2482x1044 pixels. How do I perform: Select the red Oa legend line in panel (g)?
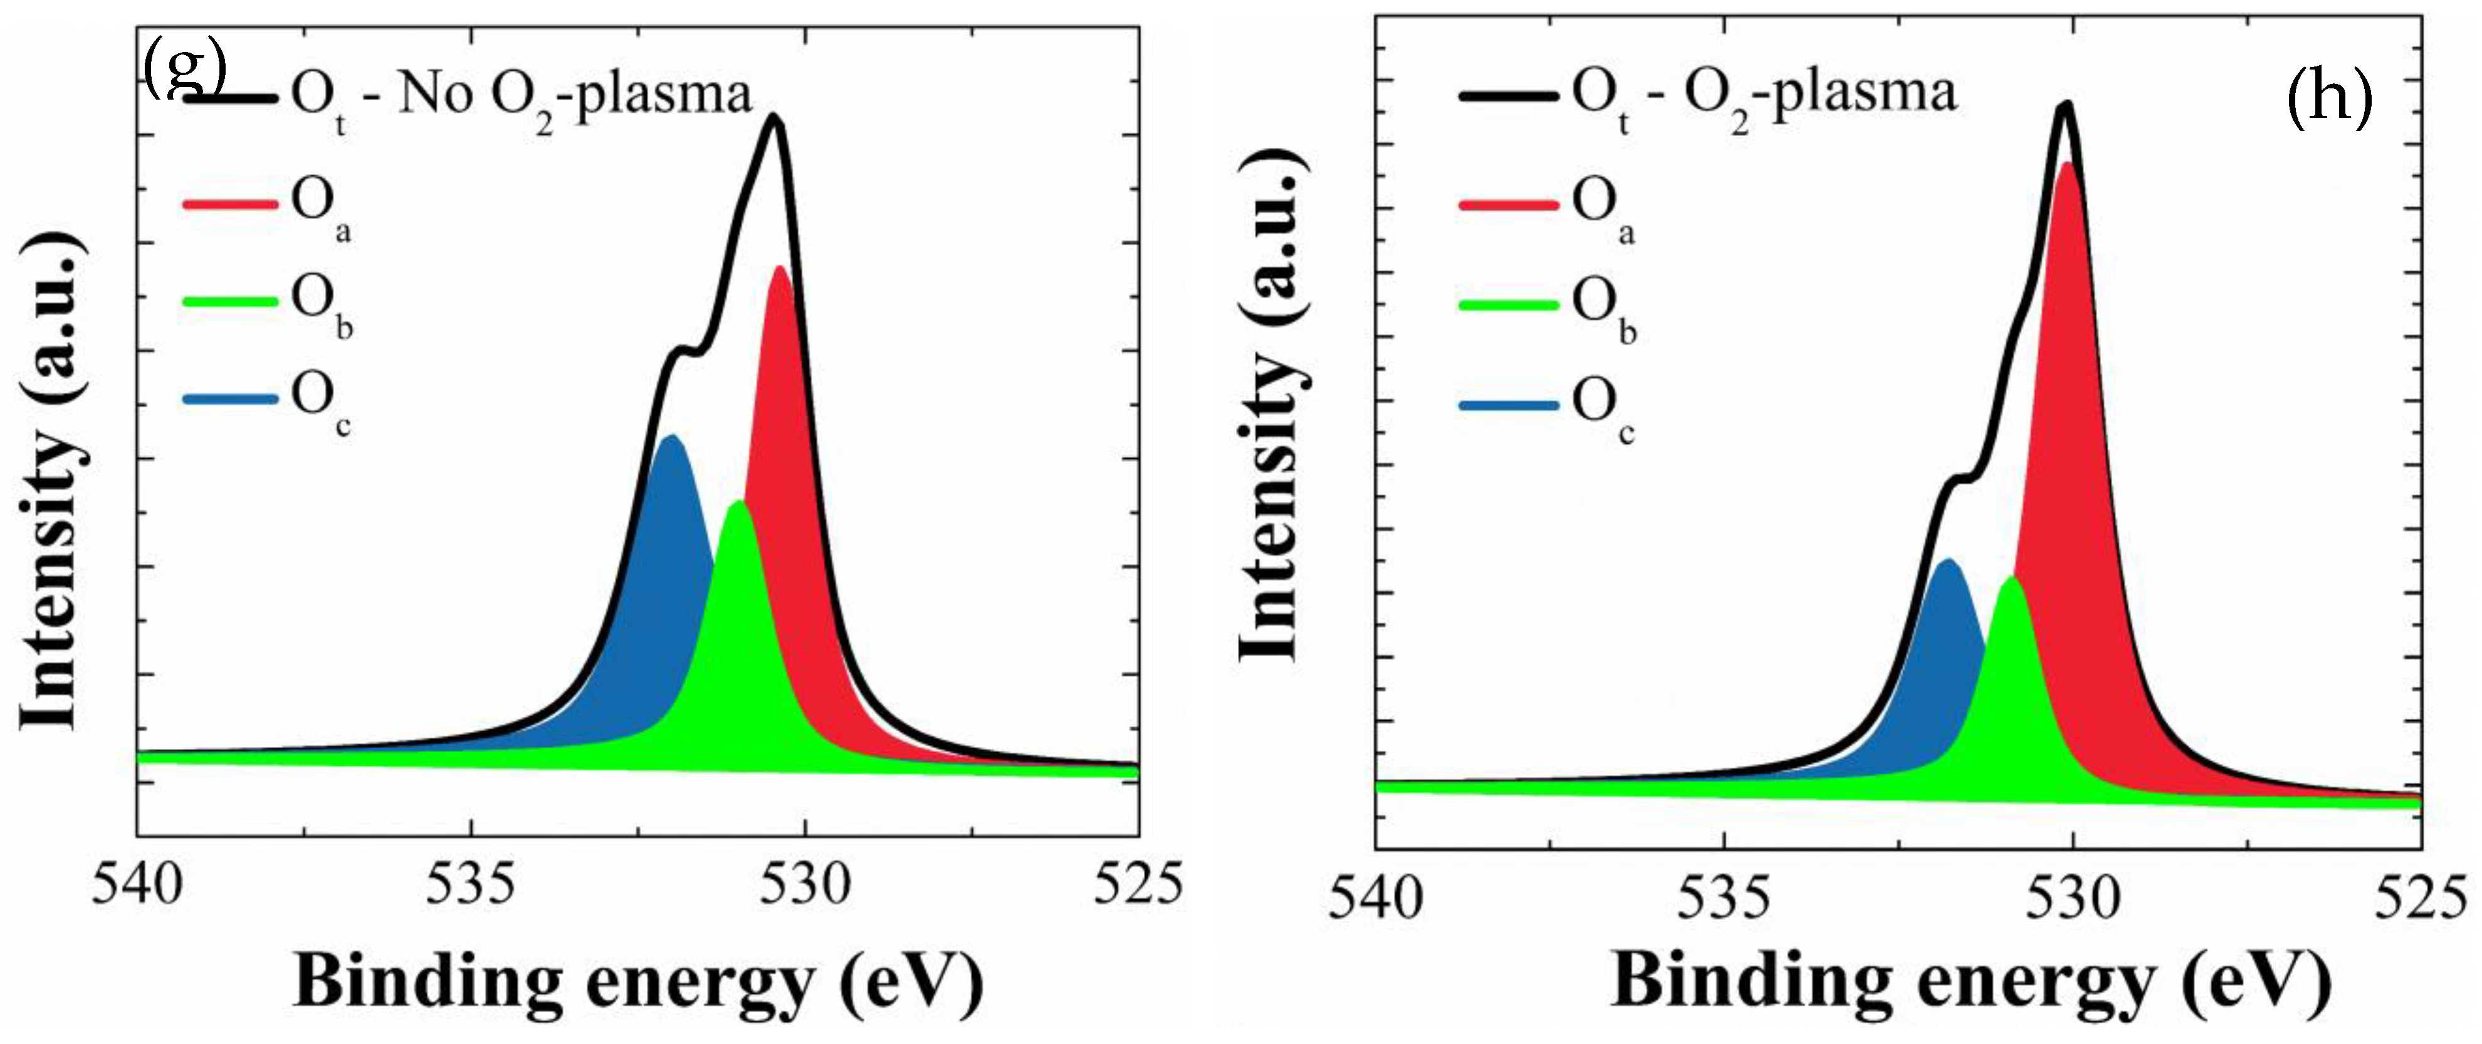[x=229, y=204]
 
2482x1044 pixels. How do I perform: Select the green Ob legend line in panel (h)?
[x=1508, y=305]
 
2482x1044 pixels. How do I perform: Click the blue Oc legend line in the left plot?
[x=229, y=398]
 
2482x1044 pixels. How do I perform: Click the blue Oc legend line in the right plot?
[x=1508, y=405]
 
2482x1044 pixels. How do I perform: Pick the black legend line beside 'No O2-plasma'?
[x=231, y=97]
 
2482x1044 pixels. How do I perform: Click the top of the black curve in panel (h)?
[x=2065, y=105]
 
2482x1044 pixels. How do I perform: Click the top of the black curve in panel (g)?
[x=773, y=118]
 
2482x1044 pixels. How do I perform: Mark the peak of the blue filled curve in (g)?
[x=671, y=436]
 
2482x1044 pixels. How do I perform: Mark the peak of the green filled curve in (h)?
[x=2010, y=578]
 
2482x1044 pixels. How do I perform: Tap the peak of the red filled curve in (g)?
[x=780, y=268]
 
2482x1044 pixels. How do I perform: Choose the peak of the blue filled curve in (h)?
[x=1948, y=560]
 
